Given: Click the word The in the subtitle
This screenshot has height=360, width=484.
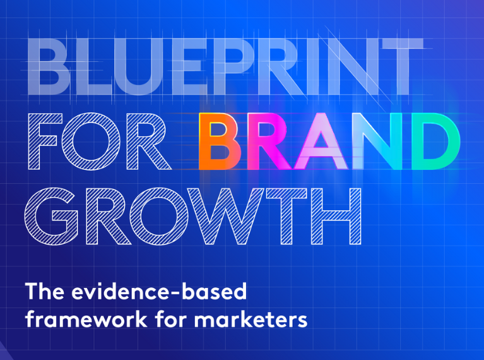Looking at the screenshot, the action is click(x=45, y=291).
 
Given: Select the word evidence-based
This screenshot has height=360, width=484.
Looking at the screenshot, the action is click(x=159, y=291).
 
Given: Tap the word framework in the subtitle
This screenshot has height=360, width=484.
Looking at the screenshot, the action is click(x=86, y=318).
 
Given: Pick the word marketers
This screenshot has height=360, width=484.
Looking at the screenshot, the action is click(x=251, y=318).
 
